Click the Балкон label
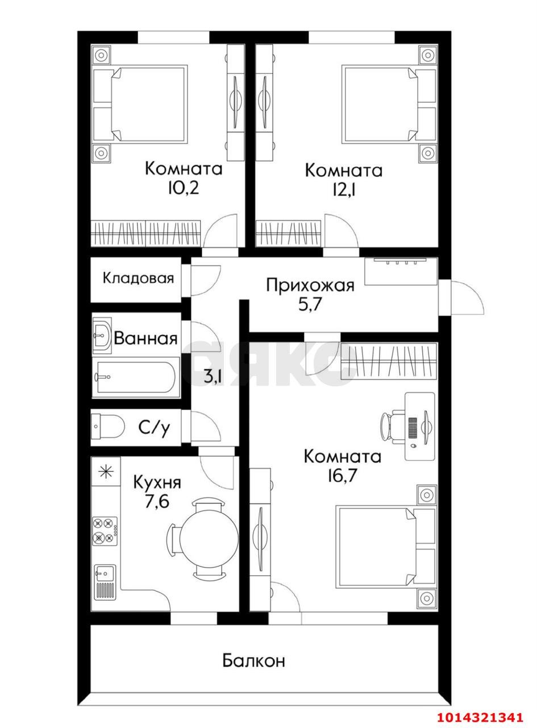pyautogui.click(x=253, y=661)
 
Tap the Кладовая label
pyautogui.click(x=138, y=279)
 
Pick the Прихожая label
pyautogui.click(x=310, y=285)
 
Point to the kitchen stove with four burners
pyautogui.click(x=105, y=531)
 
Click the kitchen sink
pyautogui.click(x=105, y=581)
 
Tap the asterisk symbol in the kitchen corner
pyautogui.click(x=105, y=471)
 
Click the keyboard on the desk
pyautogui.click(x=413, y=427)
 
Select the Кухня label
pyautogui.click(x=157, y=483)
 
